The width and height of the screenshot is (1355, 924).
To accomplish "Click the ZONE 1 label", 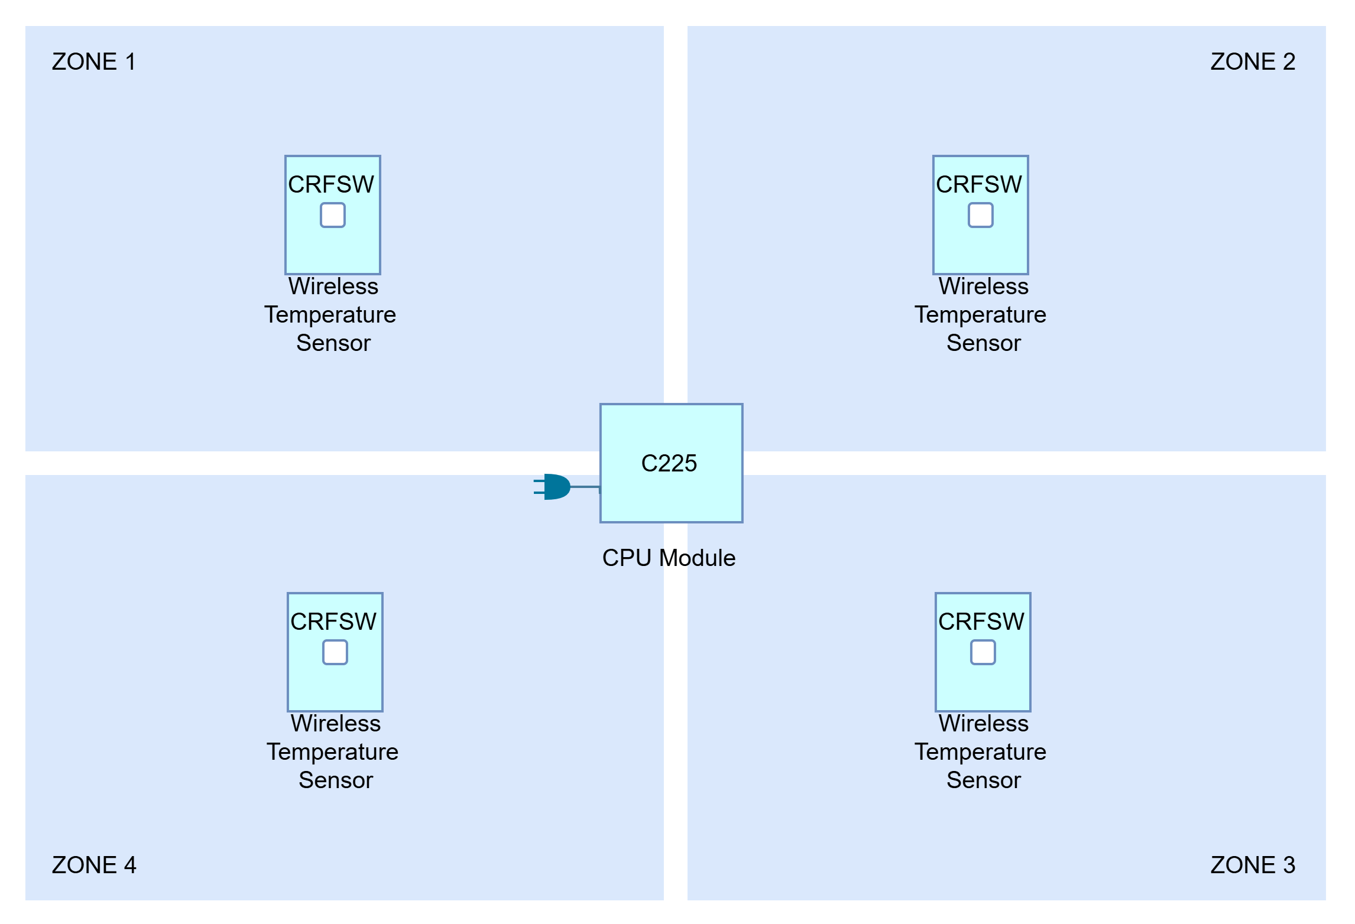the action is pyautogui.click(x=94, y=61).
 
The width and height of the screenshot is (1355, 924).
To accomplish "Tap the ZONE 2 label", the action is pyautogui.click(x=1253, y=61).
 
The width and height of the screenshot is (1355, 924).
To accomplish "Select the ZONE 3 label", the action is pyautogui.click(x=1253, y=865).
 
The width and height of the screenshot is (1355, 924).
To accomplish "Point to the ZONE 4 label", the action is pyautogui.click(x=94, y=865).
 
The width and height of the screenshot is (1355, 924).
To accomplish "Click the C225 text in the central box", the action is pyautogui.click(x=669, y=463).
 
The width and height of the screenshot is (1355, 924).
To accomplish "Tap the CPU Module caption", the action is pyautogui.click(x=669, y=558).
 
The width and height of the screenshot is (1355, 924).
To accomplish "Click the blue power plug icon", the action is pyautogui.click(x=552, y=487).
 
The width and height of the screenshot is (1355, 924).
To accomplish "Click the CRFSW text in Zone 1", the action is pyautogui.click(x=331, y=184).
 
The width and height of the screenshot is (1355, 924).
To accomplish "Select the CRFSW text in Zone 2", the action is pyautogui.click(x=979, y=184).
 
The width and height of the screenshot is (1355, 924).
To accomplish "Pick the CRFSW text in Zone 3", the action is pyautogui.click(x=981, y=622).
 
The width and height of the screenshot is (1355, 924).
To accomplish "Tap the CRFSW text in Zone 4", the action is pyautogui.click(x=333, y=622).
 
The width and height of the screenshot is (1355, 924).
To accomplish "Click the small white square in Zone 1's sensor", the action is pyautogui.click(x=333, y=215).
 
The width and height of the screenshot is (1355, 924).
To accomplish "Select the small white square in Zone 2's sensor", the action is pyautogui.click(x=981, y=215).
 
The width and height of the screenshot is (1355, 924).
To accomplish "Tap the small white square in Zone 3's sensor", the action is pyautogui.click(x=983, y=652).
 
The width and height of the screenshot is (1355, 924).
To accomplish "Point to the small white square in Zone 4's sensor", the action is pyautogui.click(x=335, y=652).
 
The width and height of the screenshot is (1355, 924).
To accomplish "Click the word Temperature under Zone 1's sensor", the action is pyautogui.click(x=330, y=315).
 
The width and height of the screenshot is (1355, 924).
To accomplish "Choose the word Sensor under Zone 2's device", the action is pyautogui.click(x=984, y=343).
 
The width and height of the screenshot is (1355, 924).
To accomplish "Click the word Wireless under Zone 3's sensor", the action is pyautogui.click(x=984, y=723).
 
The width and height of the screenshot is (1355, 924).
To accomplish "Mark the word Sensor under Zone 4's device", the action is pyautogui.click(x=336, y=780).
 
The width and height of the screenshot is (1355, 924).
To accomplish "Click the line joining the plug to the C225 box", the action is pyautogui.click(x=585, y=487).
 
